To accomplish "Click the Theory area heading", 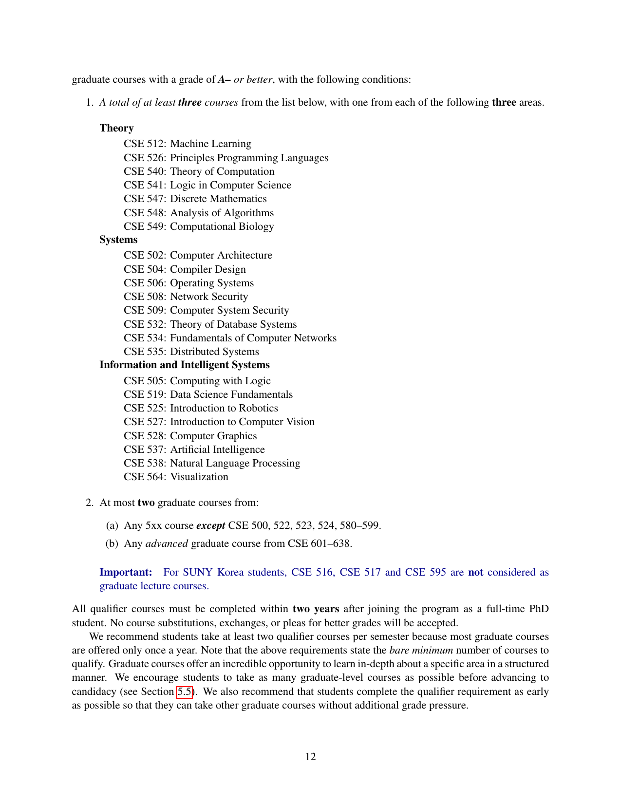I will [x=116, y=128].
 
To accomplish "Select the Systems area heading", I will [x=118, y=240].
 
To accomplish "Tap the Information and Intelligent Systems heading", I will [x=184, y=365].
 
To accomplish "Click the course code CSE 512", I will [x=144, y=144].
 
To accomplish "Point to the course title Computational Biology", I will [x=222, y=226].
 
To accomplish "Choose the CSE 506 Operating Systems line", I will [x=188, y=283].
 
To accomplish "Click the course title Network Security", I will [x=209, y=297].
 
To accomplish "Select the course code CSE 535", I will [x=144, y=352].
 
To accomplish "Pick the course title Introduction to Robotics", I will [x=224, y=408].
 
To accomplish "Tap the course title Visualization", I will [x=199, y=477].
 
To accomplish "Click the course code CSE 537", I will [x=144, y=449].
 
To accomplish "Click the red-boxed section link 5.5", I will [x=185, y=692].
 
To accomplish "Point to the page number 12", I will [x=310, y=756].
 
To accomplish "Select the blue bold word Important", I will [x=126, y=572].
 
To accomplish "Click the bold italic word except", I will [x=210, y=525].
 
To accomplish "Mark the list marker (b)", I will [x=112, y=543].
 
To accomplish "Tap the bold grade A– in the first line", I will [x=224, y=79].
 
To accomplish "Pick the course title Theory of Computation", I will [x=222, y=171].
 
